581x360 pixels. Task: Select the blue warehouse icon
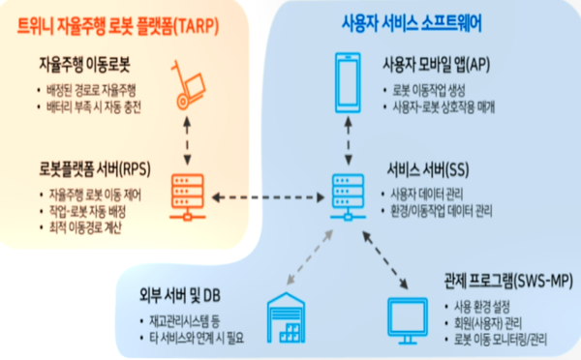pos(286,314)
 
